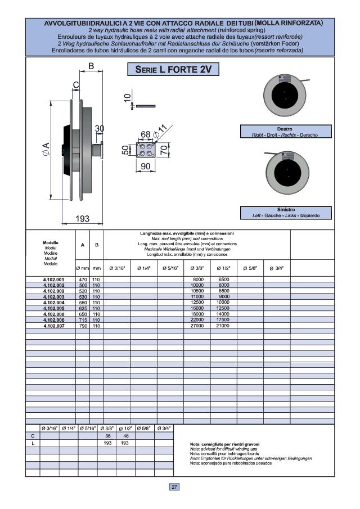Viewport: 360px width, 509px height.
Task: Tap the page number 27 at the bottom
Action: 174,487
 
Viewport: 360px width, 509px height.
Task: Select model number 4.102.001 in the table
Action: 54,279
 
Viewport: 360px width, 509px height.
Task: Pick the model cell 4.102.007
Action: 54,326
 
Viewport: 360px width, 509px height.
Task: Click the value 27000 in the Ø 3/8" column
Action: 198,326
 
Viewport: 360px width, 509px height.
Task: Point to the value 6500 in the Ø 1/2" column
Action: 223,279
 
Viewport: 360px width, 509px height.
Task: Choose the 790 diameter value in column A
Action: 82,326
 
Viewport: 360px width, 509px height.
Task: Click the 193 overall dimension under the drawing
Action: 83,219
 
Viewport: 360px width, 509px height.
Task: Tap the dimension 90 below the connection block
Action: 145,166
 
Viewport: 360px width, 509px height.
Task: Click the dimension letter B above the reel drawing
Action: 90,67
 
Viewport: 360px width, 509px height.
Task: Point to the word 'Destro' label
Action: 285,129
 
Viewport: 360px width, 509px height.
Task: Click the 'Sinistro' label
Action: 285,209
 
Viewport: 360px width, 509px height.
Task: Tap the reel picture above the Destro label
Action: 285,97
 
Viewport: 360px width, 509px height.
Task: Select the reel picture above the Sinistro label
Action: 285,177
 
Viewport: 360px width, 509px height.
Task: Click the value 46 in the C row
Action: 125,436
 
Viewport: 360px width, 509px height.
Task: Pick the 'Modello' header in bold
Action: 51,242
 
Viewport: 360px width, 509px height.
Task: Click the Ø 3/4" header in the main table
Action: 276,268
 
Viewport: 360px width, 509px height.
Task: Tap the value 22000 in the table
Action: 198,320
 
